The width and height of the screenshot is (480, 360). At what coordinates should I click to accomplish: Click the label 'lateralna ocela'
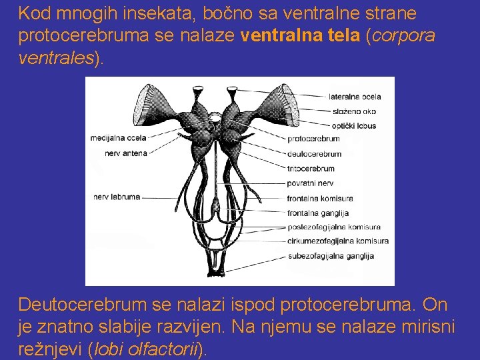(x=355, y=97)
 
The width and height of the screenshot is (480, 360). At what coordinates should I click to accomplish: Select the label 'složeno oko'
(x=351, y=111)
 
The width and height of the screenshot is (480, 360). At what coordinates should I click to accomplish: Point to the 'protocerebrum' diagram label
(x=313, y=139)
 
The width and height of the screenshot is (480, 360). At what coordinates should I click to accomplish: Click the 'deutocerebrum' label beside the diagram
(x=314, y=154)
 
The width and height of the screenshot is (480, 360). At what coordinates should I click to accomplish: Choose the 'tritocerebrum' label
(x=311, y=169)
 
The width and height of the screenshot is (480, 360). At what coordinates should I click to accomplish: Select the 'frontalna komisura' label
(x=320, y=198)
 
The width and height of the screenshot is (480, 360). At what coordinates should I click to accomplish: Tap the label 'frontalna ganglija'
(x=318, y=213)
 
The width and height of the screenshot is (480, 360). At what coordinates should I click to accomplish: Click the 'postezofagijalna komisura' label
(x=333, y=227)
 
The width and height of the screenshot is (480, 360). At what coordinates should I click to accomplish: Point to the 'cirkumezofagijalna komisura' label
(x=338, y=241)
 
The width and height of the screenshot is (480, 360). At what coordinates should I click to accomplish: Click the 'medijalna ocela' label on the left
(x=118, y=139)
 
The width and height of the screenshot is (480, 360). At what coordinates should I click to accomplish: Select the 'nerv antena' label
(x=126, y=153)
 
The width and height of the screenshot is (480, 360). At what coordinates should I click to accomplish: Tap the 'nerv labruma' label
(x=117, y=197)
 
